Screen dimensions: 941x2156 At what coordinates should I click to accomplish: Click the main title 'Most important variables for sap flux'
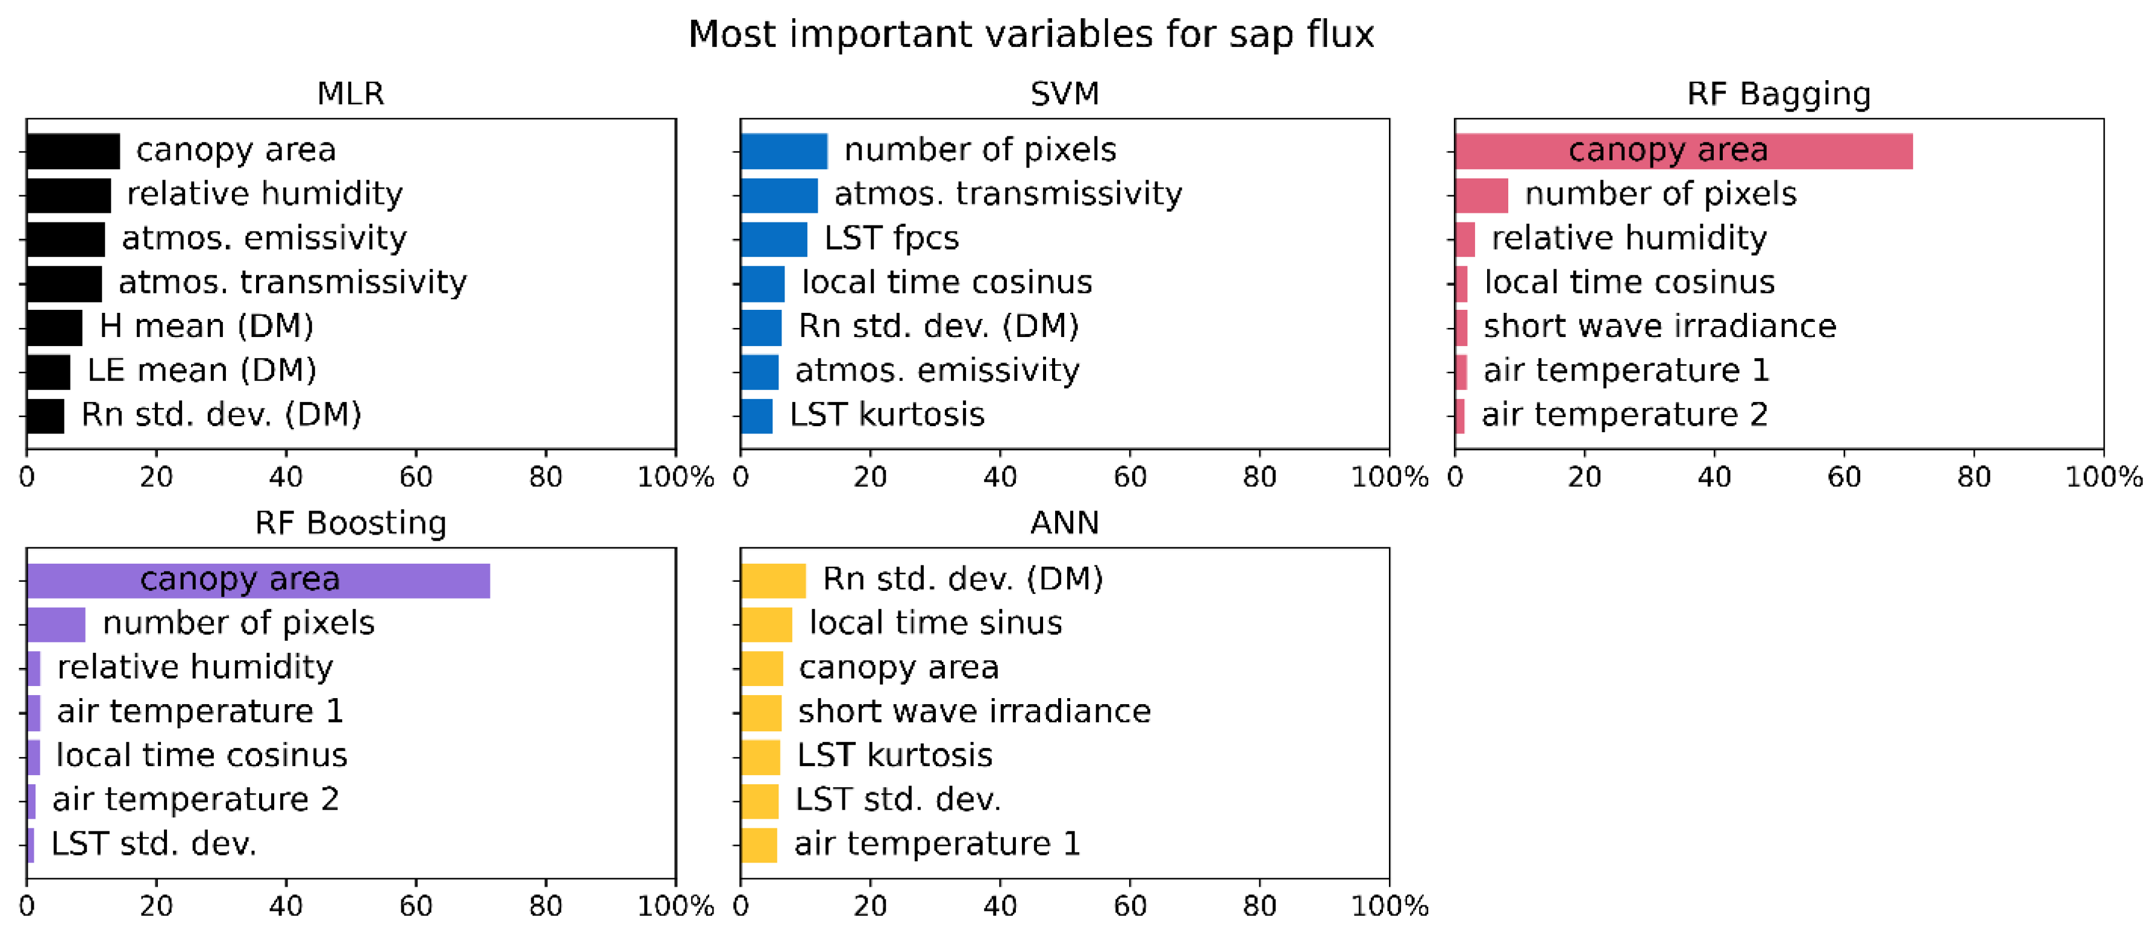1030,35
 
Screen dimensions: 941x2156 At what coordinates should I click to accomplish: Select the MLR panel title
350,93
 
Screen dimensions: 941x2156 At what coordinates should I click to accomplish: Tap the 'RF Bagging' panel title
1778,93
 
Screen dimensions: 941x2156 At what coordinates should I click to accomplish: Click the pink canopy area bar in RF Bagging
1682,151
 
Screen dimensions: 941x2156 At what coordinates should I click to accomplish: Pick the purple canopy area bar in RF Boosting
258,580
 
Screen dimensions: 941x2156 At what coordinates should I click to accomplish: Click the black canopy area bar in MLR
73,151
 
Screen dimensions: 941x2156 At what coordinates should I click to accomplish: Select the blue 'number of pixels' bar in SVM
783,151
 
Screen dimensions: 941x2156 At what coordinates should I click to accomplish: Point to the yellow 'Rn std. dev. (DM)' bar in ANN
772,580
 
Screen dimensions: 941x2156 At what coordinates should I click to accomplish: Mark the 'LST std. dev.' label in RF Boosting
153,844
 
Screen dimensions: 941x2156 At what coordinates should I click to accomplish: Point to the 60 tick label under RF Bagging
1843,477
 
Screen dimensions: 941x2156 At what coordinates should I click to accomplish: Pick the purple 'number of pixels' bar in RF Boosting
56,624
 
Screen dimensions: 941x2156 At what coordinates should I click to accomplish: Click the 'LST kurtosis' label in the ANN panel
894,756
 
